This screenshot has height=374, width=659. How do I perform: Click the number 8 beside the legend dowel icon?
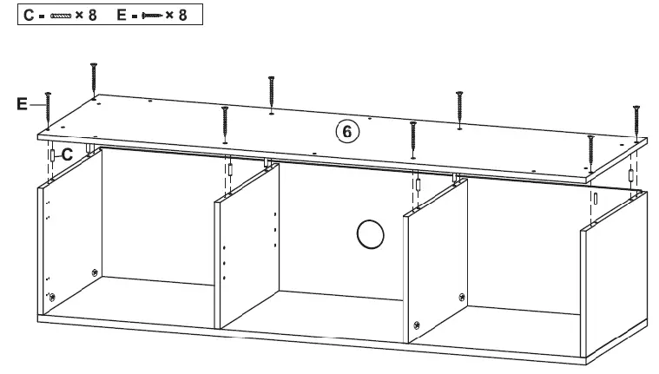pyautogui.click(x=92, y=16)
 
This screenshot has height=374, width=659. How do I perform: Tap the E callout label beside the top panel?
pyautogui.click(x=23, y=105)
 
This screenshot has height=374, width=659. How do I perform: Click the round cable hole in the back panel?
pyautogui.click(x=370, y=234)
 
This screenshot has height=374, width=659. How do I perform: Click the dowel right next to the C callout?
pyautogui.click(x=53, y=156)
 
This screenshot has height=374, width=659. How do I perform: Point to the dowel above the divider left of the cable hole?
pyautogui.click(x=230, y=167)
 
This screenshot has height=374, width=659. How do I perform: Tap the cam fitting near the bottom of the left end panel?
pyautogui.click(x=53, y=298)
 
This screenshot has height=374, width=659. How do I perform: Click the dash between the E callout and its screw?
pyautogui.click(x=36, y=106)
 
